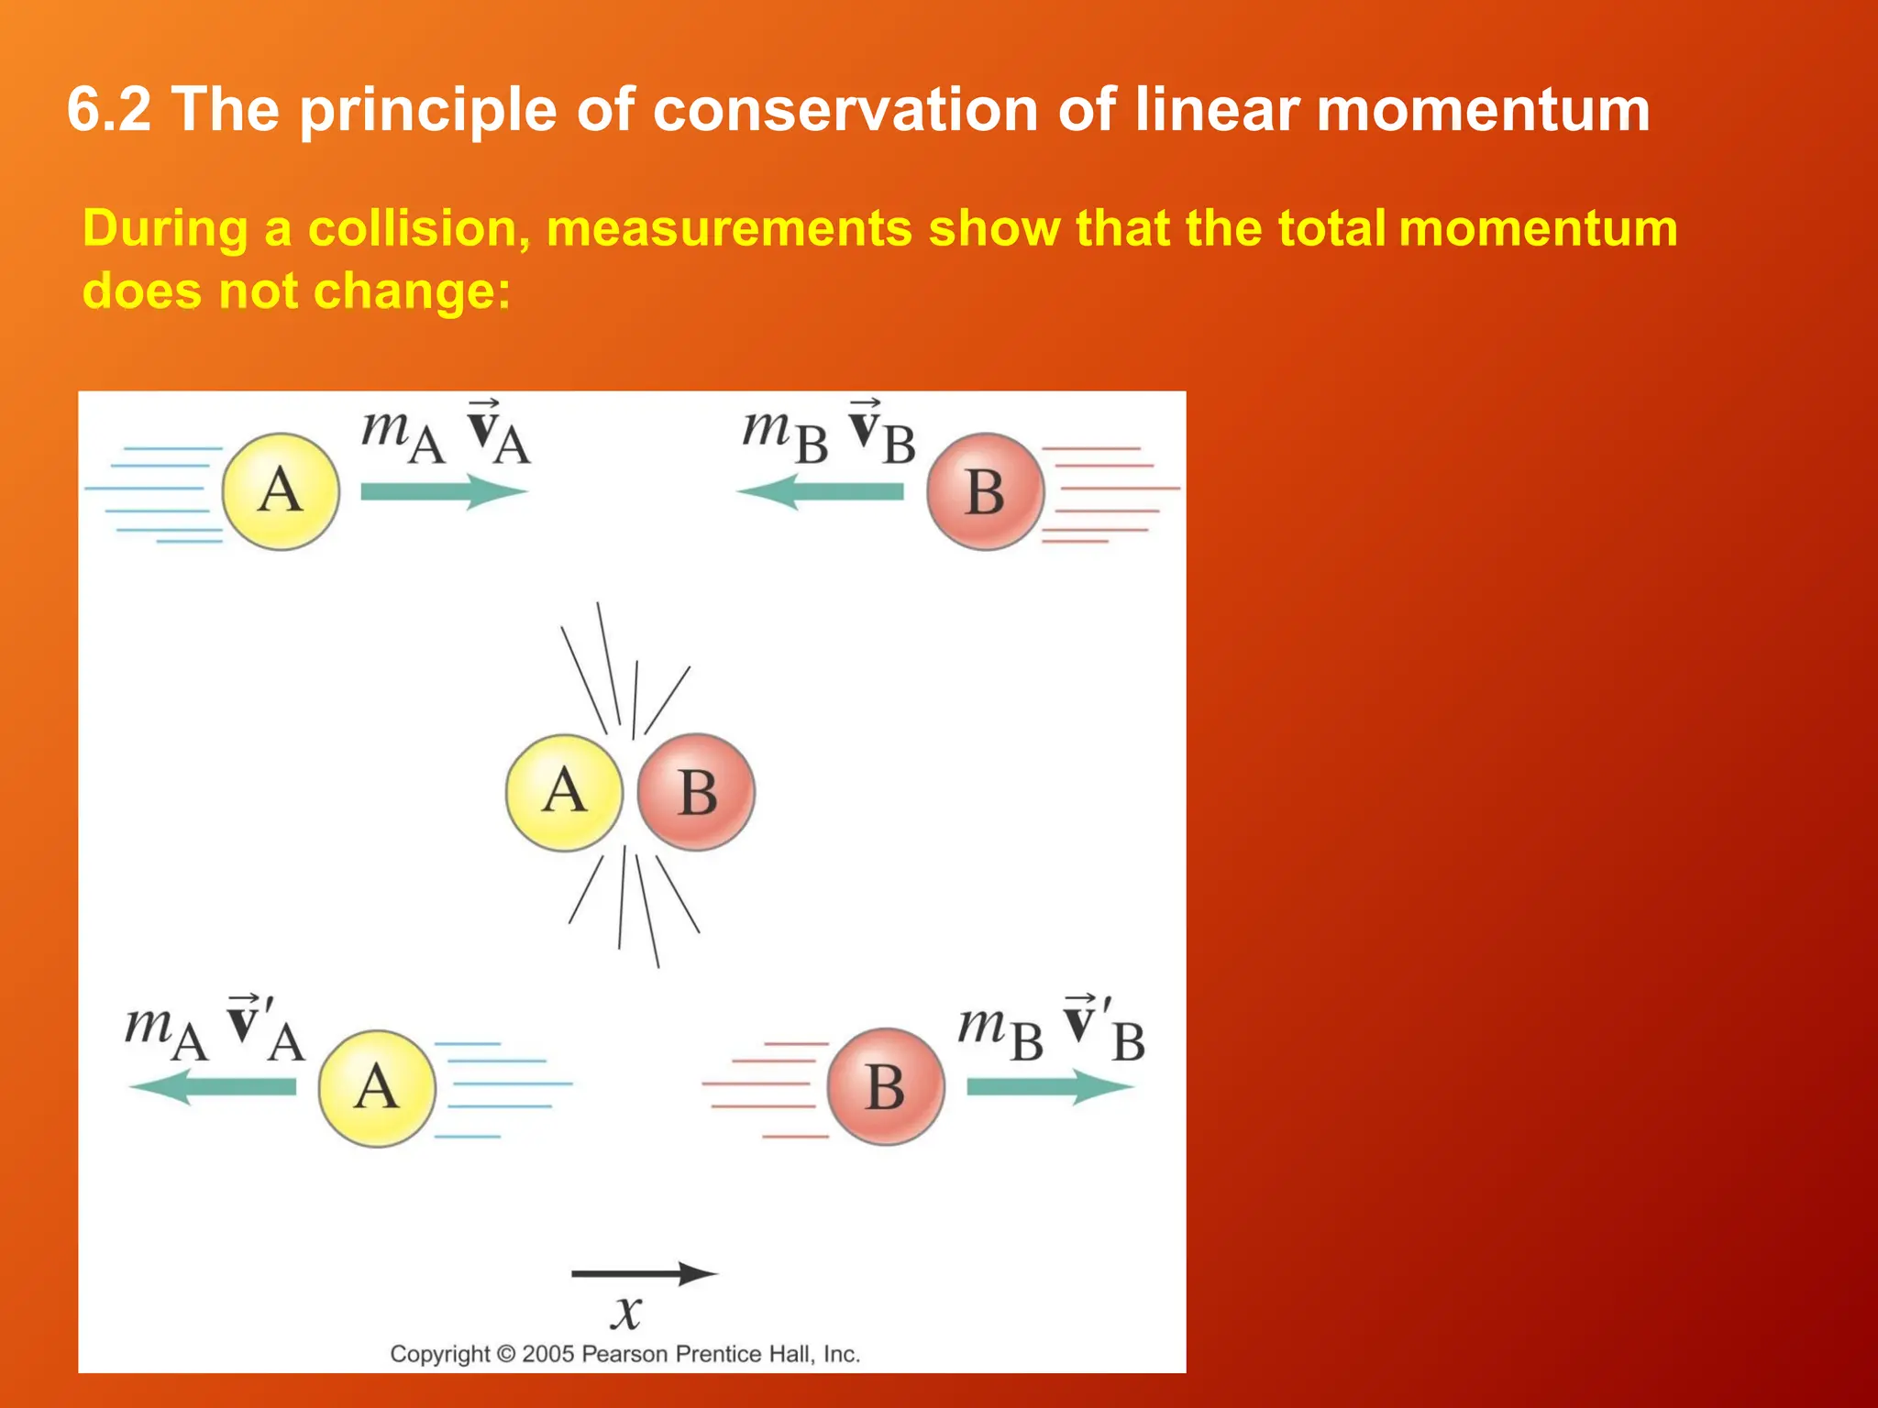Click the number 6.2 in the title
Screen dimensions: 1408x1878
(108, 110)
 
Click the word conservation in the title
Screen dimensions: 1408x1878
(844, 110)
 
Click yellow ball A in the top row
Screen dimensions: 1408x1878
(281, 491)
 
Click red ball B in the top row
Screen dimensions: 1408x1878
(985, 491)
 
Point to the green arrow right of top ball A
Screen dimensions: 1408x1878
(444, 491)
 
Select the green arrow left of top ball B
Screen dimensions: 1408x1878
(820, 491)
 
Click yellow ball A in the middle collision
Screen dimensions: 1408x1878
(564, 792)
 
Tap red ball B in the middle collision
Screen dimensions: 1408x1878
(697, 792)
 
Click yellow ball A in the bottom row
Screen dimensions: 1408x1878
(377, 1088)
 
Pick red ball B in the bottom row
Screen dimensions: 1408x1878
(886, 1087)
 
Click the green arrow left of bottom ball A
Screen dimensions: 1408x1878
(213, 1087)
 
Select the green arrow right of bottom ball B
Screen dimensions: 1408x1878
(1050, 1087)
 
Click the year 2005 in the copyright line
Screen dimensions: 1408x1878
(547, 1354)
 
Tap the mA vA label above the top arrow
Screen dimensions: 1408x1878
(446, 434)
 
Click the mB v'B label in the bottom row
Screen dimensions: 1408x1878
(1051, 1031)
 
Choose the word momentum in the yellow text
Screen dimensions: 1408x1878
(1538, 228)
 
